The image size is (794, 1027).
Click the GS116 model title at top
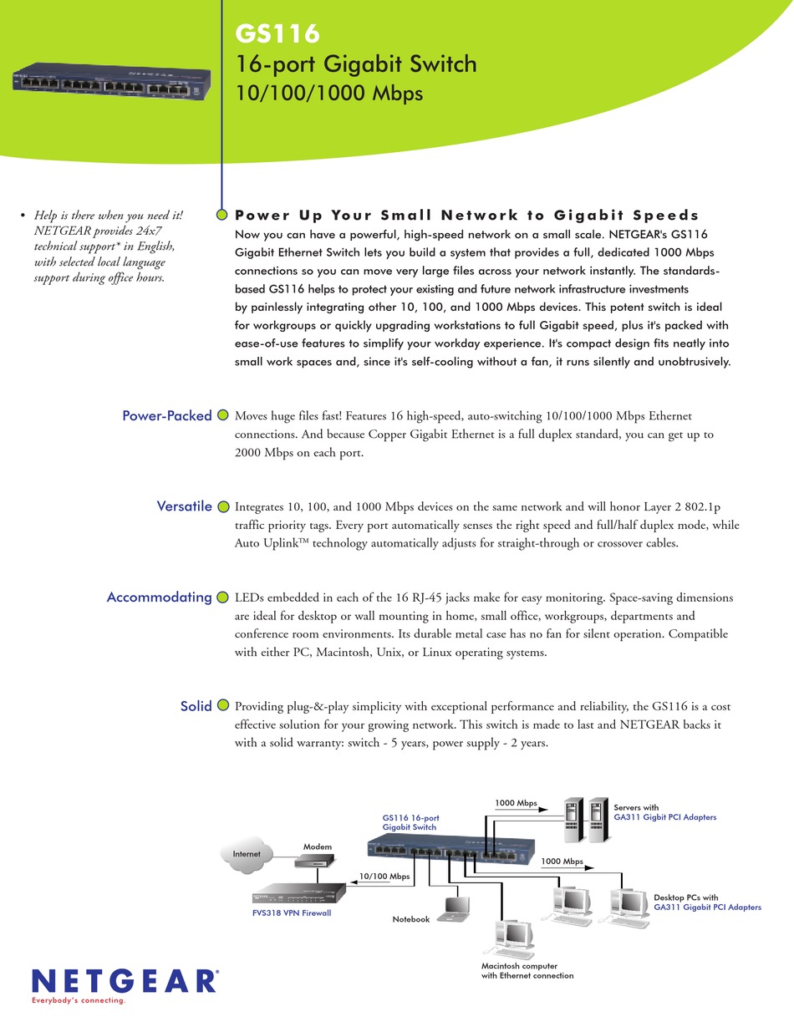pyautogui.click(x=277, y=33)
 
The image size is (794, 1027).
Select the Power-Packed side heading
pyautogui.click(x=166, y=415)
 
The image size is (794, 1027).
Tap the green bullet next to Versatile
pyautogui.click(x=223, y=506)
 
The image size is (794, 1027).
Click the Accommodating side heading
pyautogui.click(x=159, y=597)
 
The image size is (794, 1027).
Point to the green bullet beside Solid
pyautogui.click(x=223, y=705)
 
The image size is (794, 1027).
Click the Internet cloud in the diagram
pyautogui.click(x=247, y=854)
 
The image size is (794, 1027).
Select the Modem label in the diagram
pyautogui.click(x=318, y=847)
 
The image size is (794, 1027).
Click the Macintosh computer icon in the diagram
pyautogui.click(x=512, y=939)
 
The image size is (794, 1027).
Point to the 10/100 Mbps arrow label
pyautogui.click(x=384, y=877)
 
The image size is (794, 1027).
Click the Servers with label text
pyautogui.click(x=636, y=807)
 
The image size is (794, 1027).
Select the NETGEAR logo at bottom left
pyautogui.click(x=125, y=980)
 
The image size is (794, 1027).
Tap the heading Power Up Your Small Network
pyautogui.click(x=467, y=215)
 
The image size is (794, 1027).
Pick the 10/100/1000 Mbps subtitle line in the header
pyautogui.click(x=330, y=94)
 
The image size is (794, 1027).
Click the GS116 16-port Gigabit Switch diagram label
pyautogui.click(x=410, y=821)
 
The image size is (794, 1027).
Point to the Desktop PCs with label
pyautogui.click(x=685, y=897)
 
